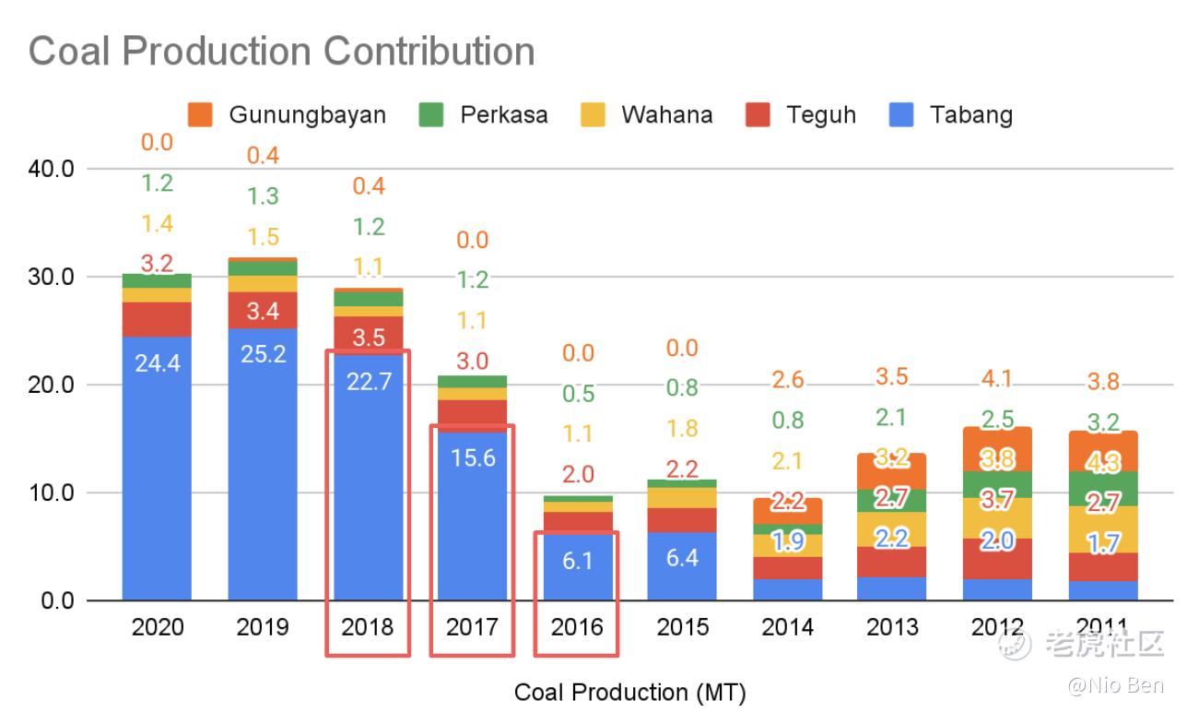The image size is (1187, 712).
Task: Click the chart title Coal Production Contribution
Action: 281,50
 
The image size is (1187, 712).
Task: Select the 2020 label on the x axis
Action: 158,627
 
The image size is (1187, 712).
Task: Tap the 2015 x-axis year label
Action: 683,627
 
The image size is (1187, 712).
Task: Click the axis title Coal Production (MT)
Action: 629,692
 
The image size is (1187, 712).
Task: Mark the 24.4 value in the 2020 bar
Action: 158,363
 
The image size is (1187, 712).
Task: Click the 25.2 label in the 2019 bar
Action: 263,353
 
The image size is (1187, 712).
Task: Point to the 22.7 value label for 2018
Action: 368,381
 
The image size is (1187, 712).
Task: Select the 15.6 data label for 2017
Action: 473,457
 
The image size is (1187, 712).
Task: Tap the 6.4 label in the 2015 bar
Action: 683,558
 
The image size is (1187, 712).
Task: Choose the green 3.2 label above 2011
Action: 1103,423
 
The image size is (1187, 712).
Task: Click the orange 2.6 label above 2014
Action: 788,379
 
